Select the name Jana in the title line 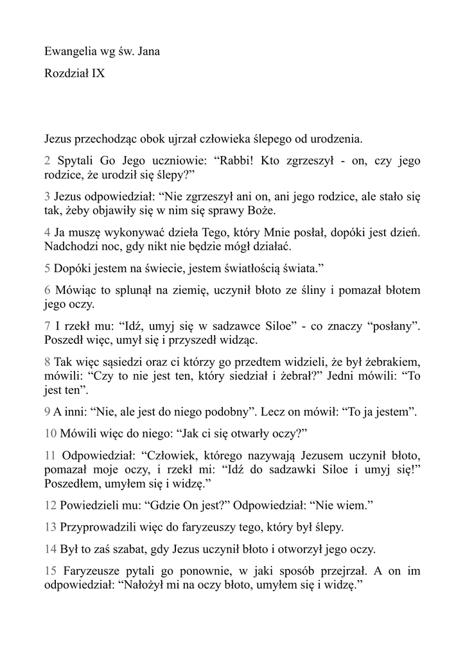click(148, 51)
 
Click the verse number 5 click(48, 266)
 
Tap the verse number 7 click(48, 327)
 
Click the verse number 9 click(48, 412)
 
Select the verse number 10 click(51, 433)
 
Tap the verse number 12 click(51, 506)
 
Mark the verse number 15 click(51, 571)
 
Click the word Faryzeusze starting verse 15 click(94, 571)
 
